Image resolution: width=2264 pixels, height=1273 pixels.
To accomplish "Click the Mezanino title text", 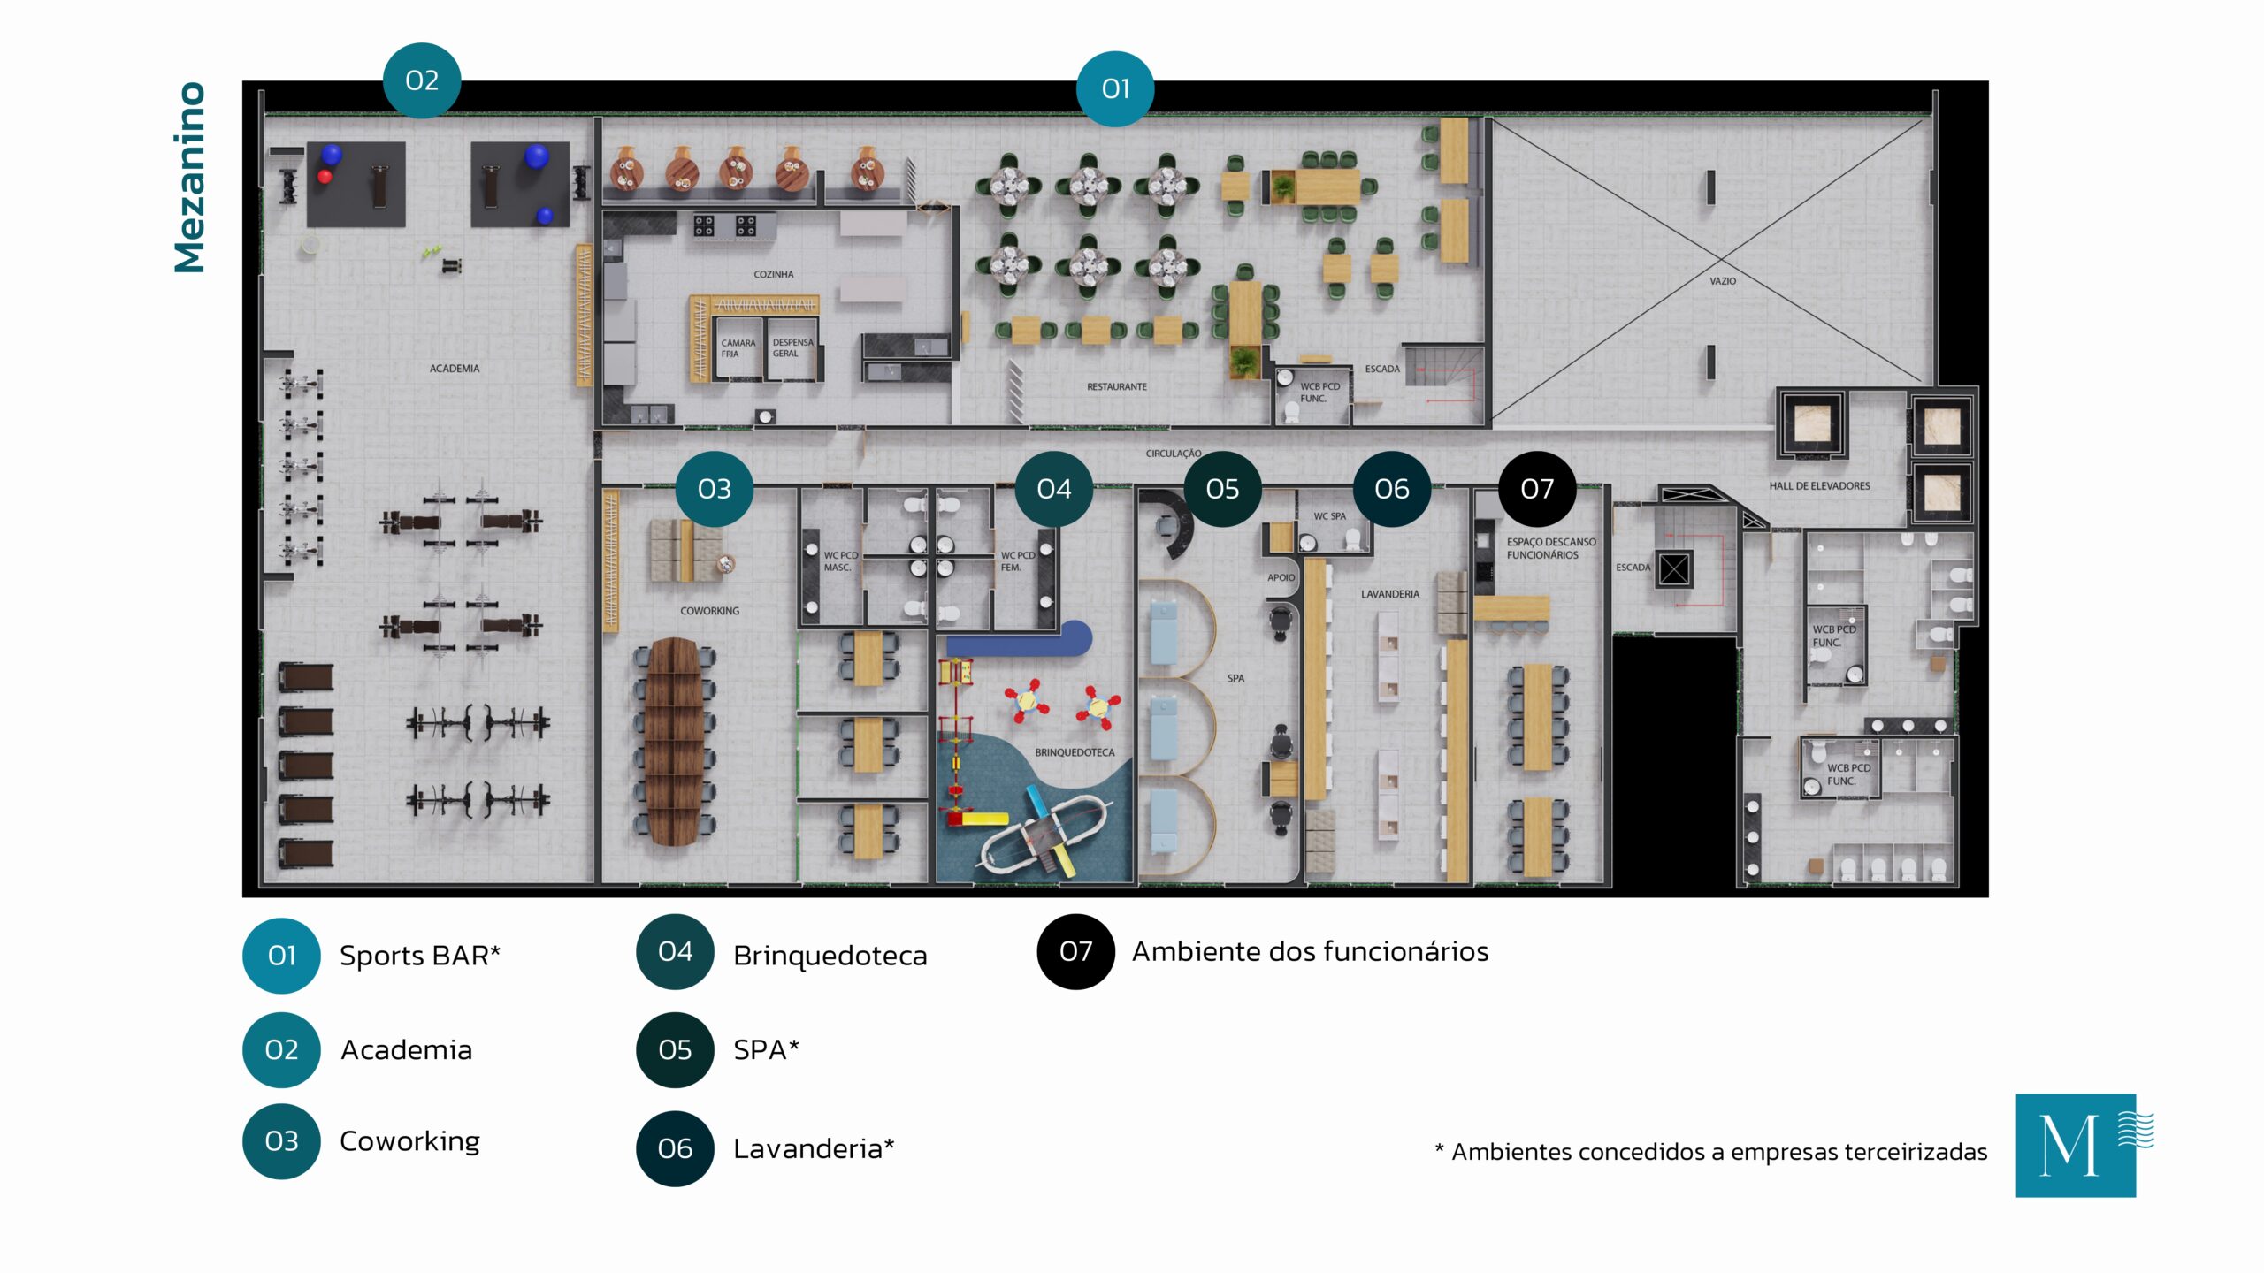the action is tap(190, 178).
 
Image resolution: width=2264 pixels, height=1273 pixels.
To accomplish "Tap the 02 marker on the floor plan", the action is tap(422, 80).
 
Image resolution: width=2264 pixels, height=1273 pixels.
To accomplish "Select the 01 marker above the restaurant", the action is tap(1115, 88).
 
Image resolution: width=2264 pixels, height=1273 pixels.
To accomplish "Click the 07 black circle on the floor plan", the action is tap(1537, 489).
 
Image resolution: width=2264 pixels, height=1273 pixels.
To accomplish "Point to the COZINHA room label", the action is tap(774, 274).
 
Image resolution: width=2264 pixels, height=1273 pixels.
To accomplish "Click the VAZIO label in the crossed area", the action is tap(1723, 281).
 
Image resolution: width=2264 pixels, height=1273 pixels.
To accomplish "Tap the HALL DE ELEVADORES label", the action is tap(1819, 485).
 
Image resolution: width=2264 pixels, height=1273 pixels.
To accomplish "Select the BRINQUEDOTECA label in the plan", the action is tap(1075, 752).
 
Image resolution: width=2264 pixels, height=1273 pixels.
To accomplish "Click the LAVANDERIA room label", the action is tap(1390, 594).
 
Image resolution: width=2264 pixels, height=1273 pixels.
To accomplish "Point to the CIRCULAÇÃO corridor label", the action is tap(1174, 454).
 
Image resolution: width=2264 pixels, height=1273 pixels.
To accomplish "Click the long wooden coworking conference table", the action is tap(674, 741).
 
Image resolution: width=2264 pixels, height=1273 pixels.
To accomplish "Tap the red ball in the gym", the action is tap(325, 177).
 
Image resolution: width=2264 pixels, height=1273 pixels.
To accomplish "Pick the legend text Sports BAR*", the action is tap(420, 956).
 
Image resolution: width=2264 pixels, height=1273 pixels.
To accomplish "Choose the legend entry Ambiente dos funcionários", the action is tap(1311, 951).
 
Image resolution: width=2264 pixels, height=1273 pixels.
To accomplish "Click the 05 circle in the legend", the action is tap(675, 1049).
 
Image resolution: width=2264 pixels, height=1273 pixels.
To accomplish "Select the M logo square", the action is tap(2076, 1146).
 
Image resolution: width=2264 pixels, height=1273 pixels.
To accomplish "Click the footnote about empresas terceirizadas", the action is tap(1710, 1152).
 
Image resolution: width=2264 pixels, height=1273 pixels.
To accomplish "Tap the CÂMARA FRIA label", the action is tap(738, 348).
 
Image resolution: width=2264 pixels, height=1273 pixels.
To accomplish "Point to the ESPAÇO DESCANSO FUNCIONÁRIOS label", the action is tap(1551, 548).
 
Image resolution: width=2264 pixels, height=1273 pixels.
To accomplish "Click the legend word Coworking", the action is tap(409, 1141).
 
